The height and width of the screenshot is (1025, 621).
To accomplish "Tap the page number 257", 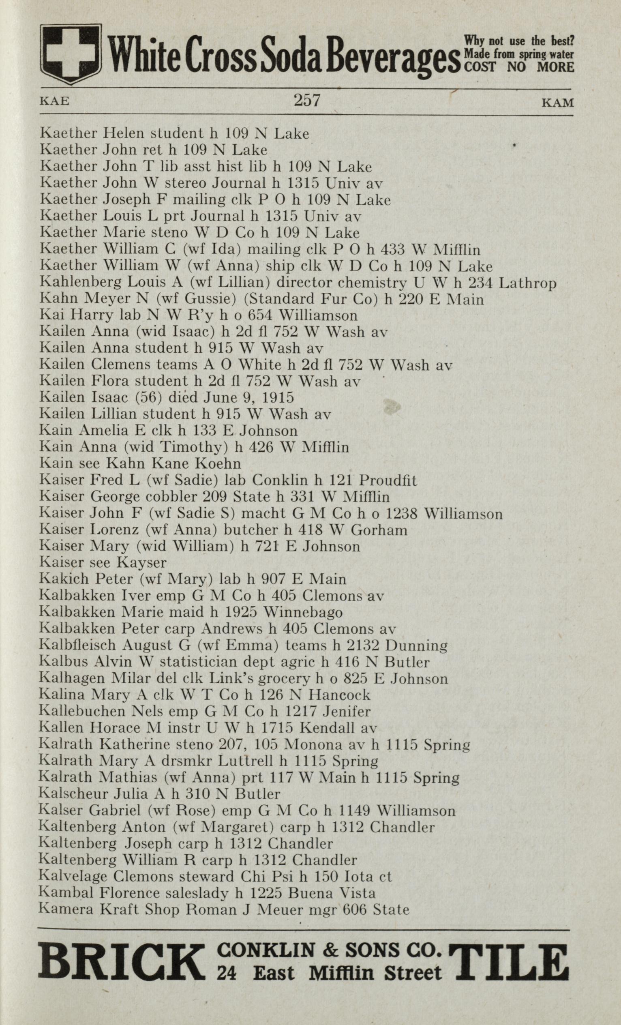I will (x=306, y=100).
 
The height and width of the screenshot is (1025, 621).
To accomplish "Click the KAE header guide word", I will (x=54, y=101).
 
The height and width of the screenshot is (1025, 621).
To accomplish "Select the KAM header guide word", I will (x=558, y=102).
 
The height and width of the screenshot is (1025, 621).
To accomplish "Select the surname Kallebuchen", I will (x=82, y=711).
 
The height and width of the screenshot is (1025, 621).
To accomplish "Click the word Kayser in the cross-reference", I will (x=142, y=563).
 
